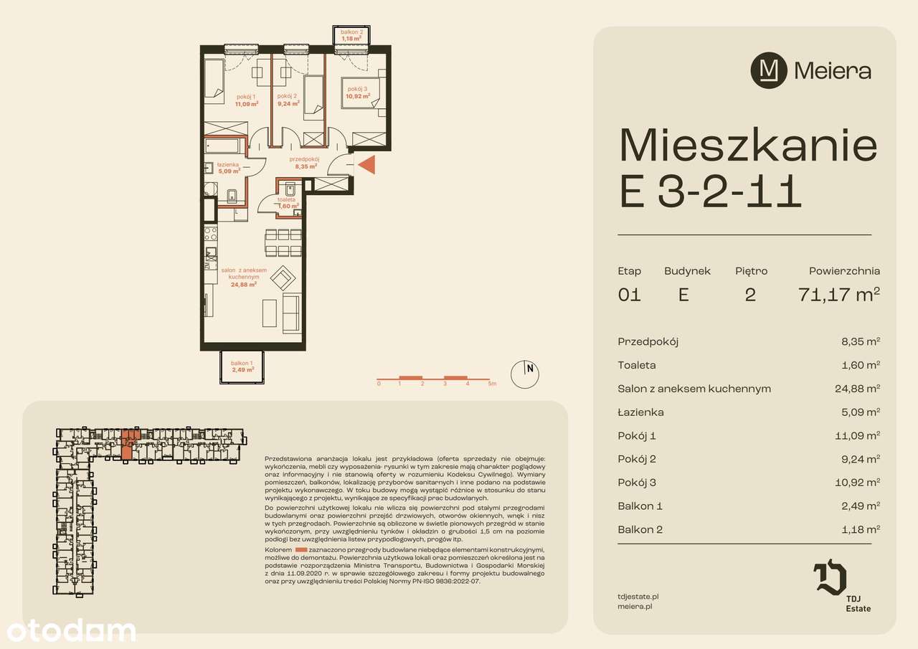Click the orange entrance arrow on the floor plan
point(366,165)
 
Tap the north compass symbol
point(524,373)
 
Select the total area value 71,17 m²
point(838,295)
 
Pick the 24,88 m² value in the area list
point(860,389)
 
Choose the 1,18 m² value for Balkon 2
point(860,530)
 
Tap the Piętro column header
point(751,271)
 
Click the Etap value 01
point(629,295)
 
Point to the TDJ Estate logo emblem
point(831,579)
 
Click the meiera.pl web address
point(635,606)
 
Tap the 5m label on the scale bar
point(492,384)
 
